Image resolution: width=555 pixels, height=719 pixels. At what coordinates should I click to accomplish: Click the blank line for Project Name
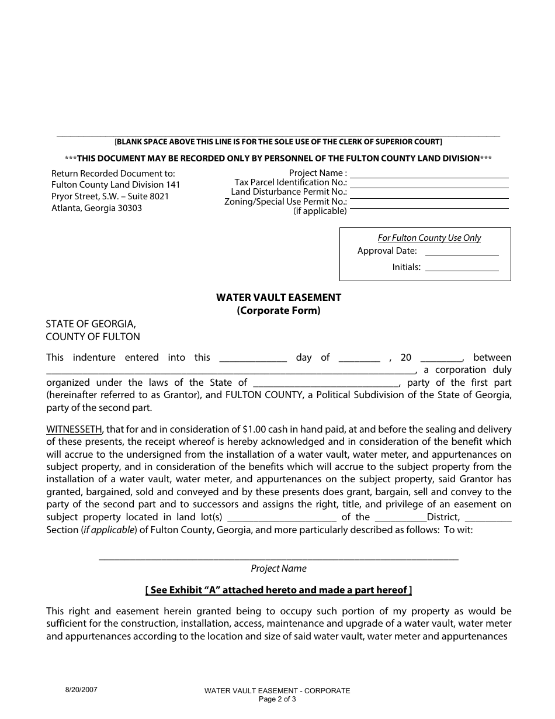[x=429, y=177]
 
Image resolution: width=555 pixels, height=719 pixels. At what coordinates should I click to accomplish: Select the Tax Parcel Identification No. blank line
[x=429, y=186]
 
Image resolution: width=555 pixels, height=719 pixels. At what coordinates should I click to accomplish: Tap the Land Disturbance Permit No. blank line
[x=429, y=196]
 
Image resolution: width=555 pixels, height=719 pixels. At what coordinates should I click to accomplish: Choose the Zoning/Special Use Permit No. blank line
[x=429, y=206]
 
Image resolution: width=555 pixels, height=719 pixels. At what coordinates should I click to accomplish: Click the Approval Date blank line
[x=462, y=254]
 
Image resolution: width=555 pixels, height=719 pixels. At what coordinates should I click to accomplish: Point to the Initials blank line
[x=462, y=270]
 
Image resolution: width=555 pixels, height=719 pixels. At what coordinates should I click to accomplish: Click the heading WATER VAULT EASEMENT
[x=279, y=298]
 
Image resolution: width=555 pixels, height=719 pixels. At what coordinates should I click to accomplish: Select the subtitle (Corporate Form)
[x=279, y=311]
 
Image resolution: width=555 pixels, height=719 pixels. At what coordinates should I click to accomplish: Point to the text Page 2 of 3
[x=277, y=699]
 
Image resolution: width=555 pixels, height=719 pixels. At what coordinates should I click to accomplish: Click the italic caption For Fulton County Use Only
[x=429, y=238]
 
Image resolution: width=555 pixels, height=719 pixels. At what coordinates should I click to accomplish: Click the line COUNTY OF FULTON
[x=93, y=337]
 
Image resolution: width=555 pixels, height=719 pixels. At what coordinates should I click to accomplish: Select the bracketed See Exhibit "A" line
[x=279, y=590]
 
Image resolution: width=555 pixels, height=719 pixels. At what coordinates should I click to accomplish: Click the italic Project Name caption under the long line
[x=279, y=569]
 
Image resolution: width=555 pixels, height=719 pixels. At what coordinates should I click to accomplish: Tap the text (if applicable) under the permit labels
[x=320, y=212]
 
